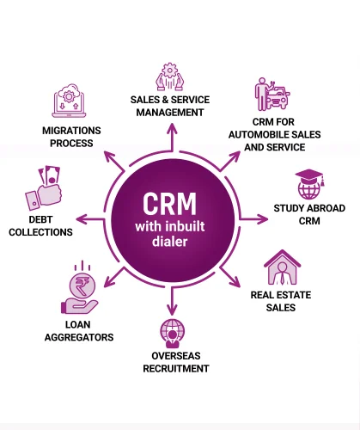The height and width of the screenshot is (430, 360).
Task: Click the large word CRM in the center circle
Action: (x=169, y=204)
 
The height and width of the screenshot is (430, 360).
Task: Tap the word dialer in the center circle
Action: (x=170, y=241)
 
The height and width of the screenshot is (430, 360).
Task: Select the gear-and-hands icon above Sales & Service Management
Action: (x=169, y=77)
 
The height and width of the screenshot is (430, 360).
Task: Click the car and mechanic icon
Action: (x=272, y=94)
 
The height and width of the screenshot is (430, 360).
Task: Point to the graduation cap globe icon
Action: (x=309, y=184)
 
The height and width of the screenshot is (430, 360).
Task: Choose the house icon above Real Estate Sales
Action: (x=282, y=267)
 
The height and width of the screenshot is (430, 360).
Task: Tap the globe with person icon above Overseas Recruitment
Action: (x=172, y=334)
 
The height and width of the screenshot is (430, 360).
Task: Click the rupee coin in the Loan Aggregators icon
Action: (x=82, y=286)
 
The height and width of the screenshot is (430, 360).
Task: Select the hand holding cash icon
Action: (x=44, y=188)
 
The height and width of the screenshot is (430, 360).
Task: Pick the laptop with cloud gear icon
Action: (x=69, y=101)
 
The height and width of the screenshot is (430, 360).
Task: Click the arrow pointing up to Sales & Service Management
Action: (x=172, y=138)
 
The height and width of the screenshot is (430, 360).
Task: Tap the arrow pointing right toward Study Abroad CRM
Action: (x=253, y=219)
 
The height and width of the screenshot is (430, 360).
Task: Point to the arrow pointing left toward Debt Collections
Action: (x=90, y=219)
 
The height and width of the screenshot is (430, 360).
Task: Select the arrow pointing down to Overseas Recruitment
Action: (x=172, y=301)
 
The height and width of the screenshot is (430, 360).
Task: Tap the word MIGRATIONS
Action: (x=71, y=131)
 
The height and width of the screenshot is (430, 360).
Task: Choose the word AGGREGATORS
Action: (x=79, y=337)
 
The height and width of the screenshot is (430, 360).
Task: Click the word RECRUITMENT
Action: (x=176, y=369)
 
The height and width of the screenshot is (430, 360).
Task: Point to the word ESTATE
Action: (x=291, y=295)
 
